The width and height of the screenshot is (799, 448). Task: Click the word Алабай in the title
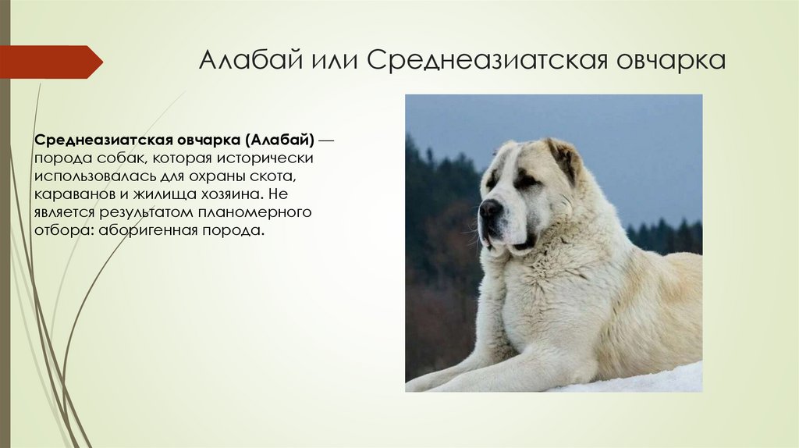[248, 61]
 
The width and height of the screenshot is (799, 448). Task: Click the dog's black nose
[489, 208]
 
